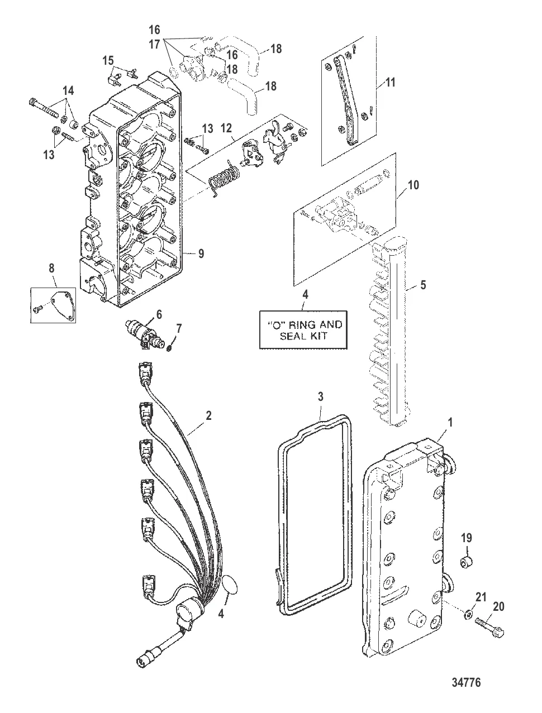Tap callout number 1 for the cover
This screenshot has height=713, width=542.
coord(450,423)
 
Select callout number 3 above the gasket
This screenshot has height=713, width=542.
coord(320,397)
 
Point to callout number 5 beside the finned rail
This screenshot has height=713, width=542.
coord(423,285)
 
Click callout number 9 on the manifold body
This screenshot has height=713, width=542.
coord(201,253)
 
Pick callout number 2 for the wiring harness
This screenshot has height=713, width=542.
coord(208,415)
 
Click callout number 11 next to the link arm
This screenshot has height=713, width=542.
coord(391,83)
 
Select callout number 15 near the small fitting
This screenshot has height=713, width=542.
coord(107,60)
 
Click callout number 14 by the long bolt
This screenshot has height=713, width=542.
coord(68,90)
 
